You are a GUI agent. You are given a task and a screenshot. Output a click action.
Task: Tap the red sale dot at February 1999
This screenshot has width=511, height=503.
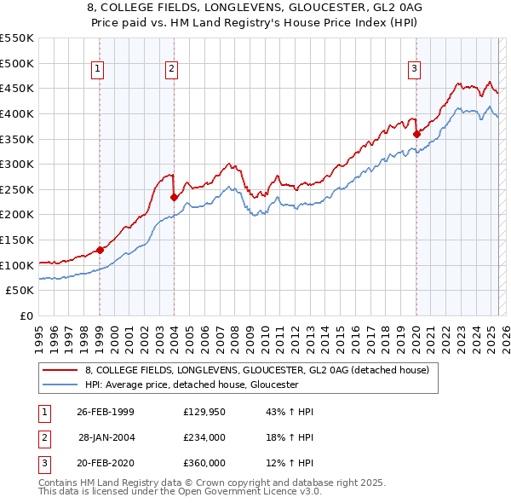[x=100, y=250]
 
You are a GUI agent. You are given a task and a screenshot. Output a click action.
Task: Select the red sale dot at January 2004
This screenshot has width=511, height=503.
[x=174, y=197]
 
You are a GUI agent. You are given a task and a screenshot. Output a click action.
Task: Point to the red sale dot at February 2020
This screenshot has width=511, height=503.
[x=416, y=133]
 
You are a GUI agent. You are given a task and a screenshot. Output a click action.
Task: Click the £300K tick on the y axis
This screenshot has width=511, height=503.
[x=17, y=164]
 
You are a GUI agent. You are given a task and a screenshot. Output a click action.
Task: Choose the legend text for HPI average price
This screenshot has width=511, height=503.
[x=192, y=384]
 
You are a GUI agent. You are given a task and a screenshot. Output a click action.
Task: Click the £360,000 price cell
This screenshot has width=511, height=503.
[x=204, y=463]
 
